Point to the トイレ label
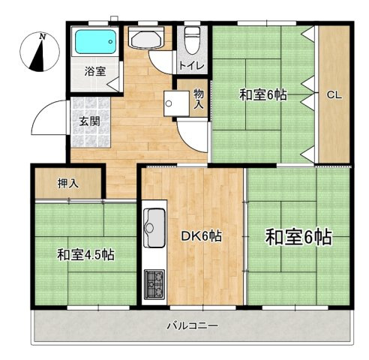click(188, 66)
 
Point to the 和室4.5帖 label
click(85, 255)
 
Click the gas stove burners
click(154, 283)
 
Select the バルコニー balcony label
click(192, 327)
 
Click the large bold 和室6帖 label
click(298, 237)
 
